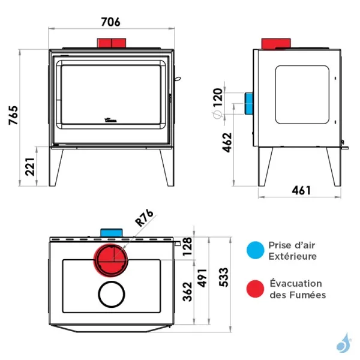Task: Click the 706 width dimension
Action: (110, 22)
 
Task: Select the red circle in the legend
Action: (255, 289)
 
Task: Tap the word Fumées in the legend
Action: (305, 295)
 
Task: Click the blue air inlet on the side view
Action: (248, 104)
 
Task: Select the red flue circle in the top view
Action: (110, 259)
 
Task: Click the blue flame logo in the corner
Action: (344, 342)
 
